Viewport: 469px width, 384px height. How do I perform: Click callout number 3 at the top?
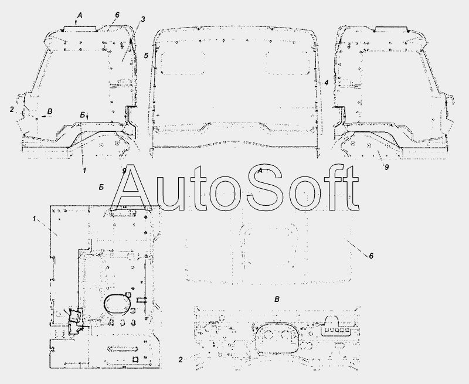[x=143, y=19]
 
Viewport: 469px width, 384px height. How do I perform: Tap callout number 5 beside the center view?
[x=145, y=56]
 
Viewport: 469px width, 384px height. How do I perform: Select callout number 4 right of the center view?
[x=327, y=83]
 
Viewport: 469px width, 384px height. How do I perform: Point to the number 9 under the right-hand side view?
[x=386, y=168]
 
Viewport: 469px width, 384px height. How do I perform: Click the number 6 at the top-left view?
[x=117, y=15]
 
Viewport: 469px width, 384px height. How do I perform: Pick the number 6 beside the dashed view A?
[x=371, y=256]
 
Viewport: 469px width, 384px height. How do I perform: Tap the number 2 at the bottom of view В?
[x=180, y=360]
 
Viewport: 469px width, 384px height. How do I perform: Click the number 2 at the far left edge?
[x=12, y=110]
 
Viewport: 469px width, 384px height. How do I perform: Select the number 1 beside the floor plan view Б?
[x=34, y=219]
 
